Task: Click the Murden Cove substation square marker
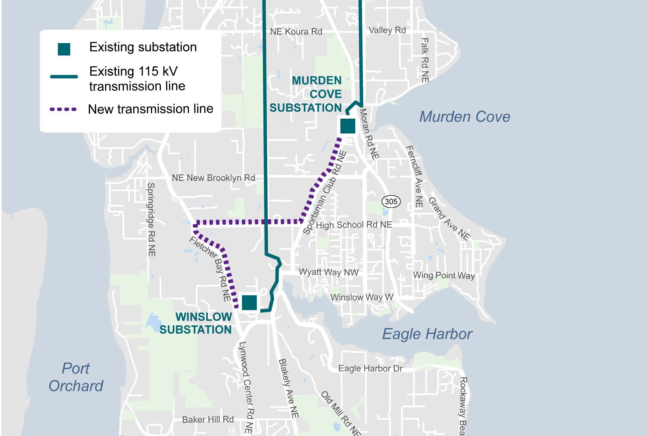coord(348,126)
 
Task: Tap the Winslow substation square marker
coord(249,302)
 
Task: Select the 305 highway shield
coord(391,201)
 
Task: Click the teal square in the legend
coord(64,49)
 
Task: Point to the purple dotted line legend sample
coord(63,109)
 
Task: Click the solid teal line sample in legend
coord(64,77)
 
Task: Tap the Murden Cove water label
coord(465,117)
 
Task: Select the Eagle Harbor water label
coord(427,334)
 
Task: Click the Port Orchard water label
coord(76,377)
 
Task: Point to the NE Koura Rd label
coord(296,32)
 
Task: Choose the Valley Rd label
coord(387,30)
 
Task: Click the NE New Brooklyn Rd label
coord(213,178)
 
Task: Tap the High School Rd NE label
coord(354,225)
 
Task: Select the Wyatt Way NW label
coord(329,272)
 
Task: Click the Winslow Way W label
coord(361,297)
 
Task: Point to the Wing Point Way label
coord(444,275)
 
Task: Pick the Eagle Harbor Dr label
coord(370,368)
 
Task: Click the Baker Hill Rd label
coord(208,420)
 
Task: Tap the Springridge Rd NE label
coord(151,219)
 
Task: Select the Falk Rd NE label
coord(425,60)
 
